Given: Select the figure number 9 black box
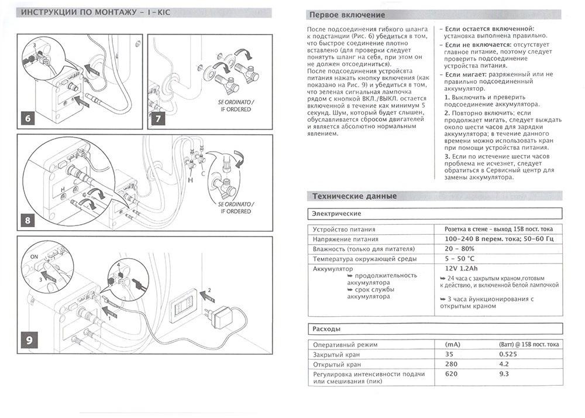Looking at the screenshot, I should point(29,340).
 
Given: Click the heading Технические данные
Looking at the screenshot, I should point(355,196).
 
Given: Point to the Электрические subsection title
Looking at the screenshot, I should point(337,214).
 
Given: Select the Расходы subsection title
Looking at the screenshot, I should point(326,329).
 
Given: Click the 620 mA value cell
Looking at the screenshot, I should point(452,374).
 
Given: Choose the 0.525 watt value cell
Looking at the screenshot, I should point(508,354).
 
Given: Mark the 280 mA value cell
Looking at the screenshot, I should point(452,364).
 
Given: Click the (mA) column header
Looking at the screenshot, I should point(453,344).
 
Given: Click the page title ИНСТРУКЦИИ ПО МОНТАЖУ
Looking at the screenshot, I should point(79,12).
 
